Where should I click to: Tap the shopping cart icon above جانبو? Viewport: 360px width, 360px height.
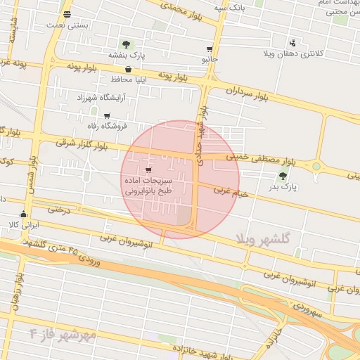click(210, 49)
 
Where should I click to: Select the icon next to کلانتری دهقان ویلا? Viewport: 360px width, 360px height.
click(293, 43)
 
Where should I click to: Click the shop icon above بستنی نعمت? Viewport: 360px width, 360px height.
click(66, 14)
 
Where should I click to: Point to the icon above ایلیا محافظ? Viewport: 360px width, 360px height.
click(128, 69)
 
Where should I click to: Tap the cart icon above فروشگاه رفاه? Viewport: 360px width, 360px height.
click(107, 116)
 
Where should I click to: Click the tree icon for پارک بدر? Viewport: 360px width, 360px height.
click(283, 176)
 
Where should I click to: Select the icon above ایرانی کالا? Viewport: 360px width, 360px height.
click(24, 214)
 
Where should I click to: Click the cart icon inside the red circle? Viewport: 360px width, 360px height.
click(148, 169)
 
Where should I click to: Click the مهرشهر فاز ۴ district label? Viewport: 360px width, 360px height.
click(63, 334)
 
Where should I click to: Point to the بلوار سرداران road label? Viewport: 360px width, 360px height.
click(249, 92)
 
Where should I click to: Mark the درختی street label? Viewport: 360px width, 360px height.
click(60, 209)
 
